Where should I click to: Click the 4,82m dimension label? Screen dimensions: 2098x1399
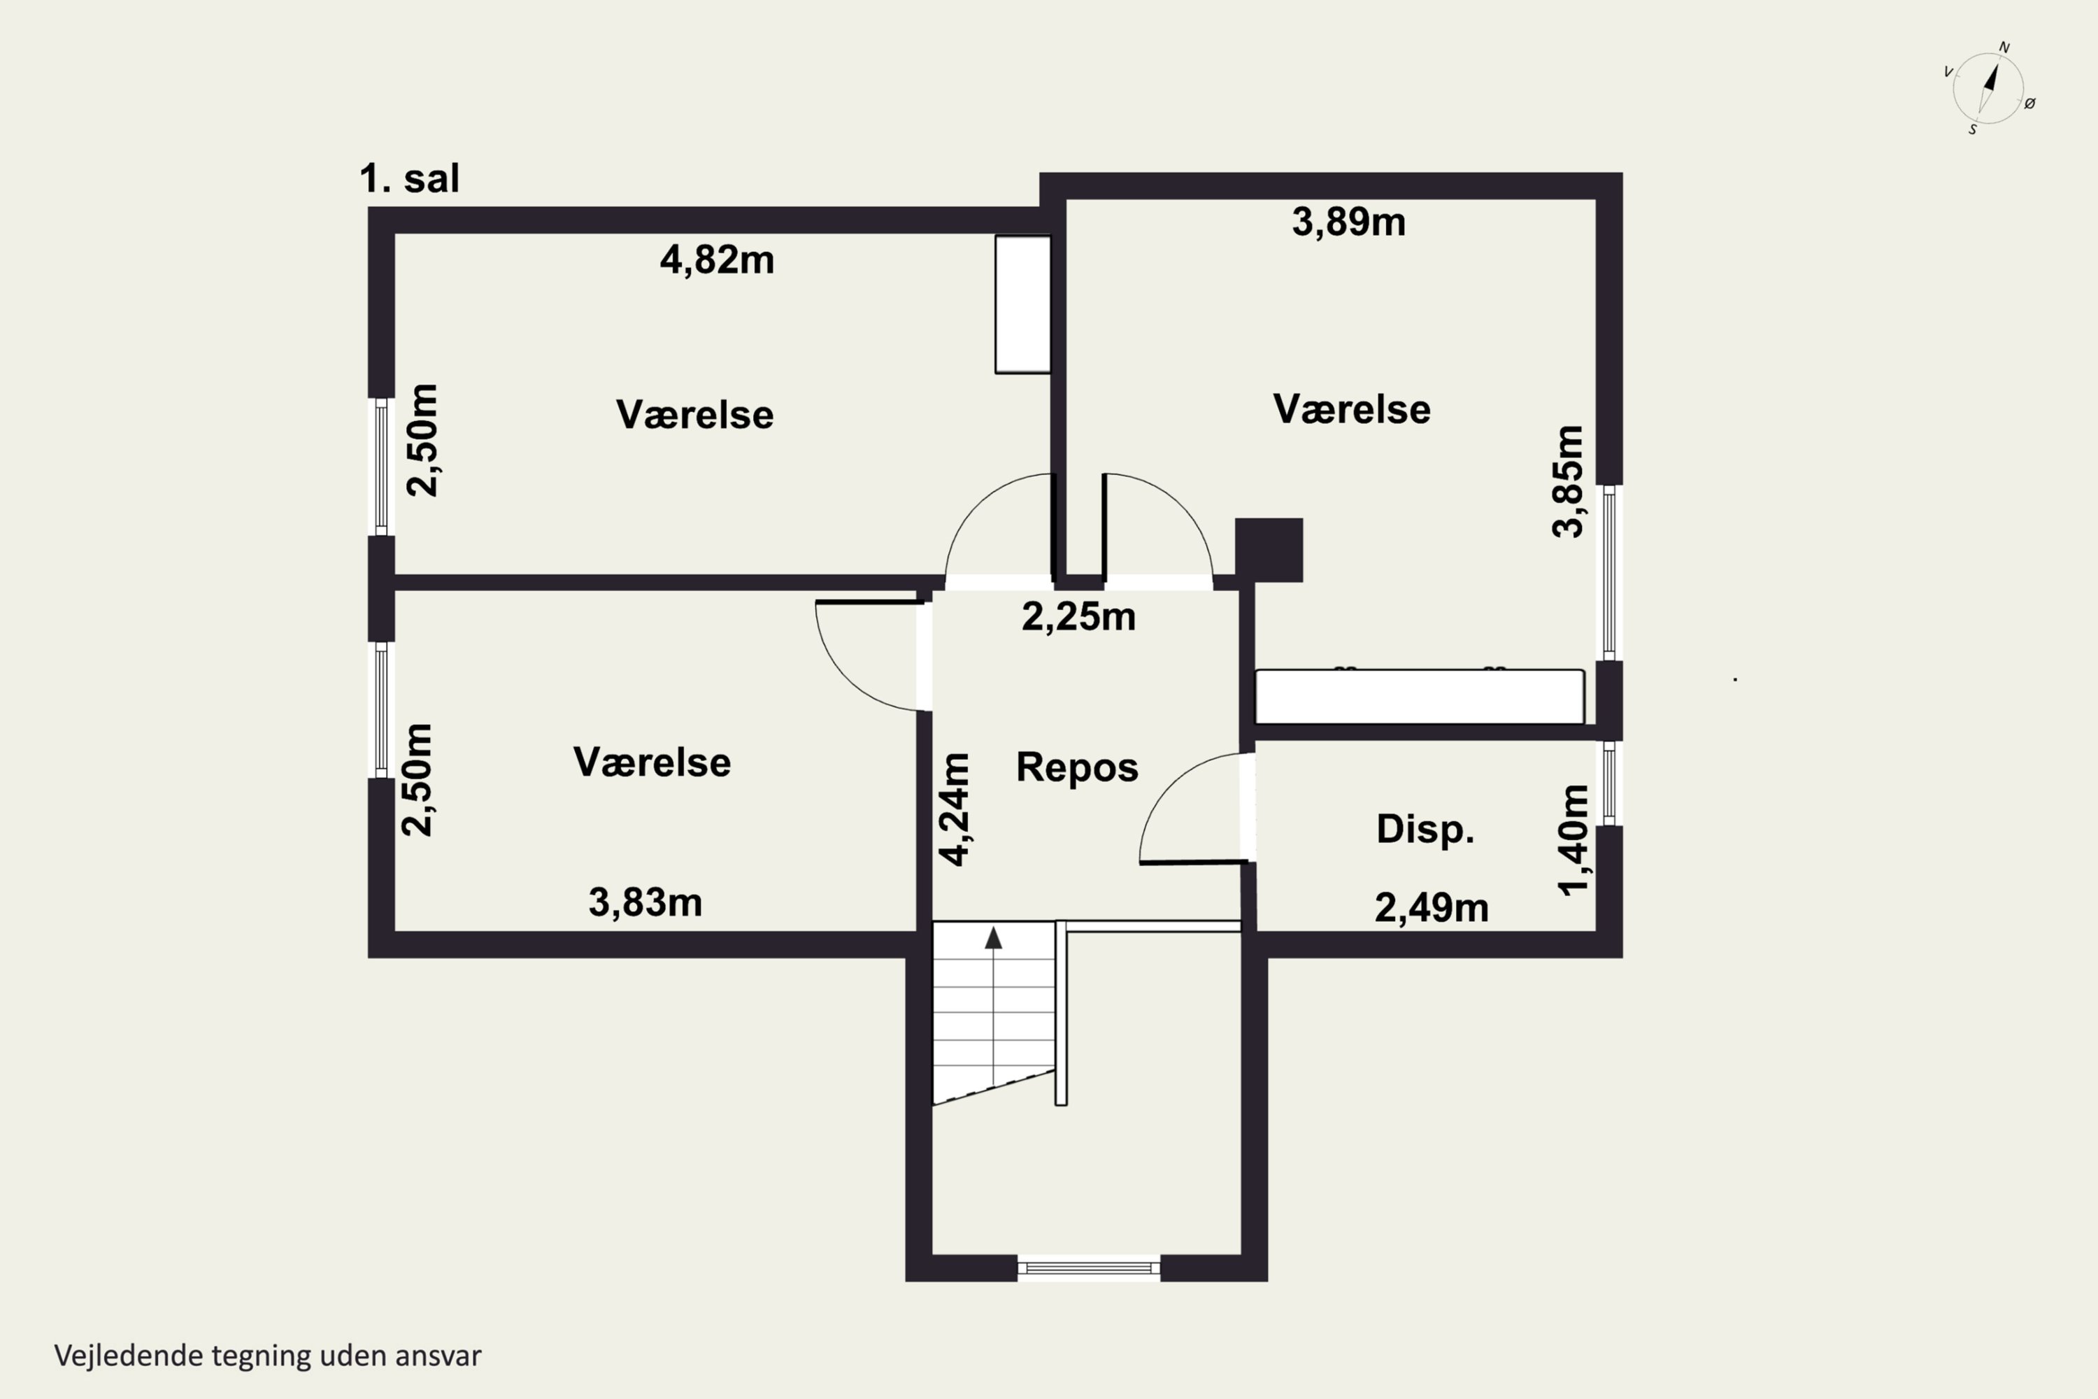pos(718,260)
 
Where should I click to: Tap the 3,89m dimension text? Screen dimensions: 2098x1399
pos(1349,222)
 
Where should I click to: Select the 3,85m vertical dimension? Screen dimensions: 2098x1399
pos(1568,481)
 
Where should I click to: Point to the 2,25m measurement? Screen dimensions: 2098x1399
pos(1078,616)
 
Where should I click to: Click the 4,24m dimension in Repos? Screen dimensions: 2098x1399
pos(955,809)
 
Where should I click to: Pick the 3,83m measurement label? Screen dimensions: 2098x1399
pos(645,903)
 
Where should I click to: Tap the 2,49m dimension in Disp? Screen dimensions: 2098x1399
pos(1432,908)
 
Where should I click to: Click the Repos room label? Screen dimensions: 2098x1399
pos(1078,767)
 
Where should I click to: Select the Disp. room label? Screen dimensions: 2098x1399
pos(1425,830)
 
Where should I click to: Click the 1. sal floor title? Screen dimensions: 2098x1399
pos(409,178)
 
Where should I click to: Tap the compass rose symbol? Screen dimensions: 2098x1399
pos(1988,87)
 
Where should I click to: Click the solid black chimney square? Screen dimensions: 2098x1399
pos(1269,550)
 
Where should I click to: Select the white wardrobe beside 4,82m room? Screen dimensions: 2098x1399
pos(1023,304)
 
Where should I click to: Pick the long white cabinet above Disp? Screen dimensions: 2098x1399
pos(1420,697)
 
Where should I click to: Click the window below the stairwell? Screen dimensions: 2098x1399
pos(1088,1267)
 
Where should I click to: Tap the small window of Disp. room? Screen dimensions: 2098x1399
pos(1609,783)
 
